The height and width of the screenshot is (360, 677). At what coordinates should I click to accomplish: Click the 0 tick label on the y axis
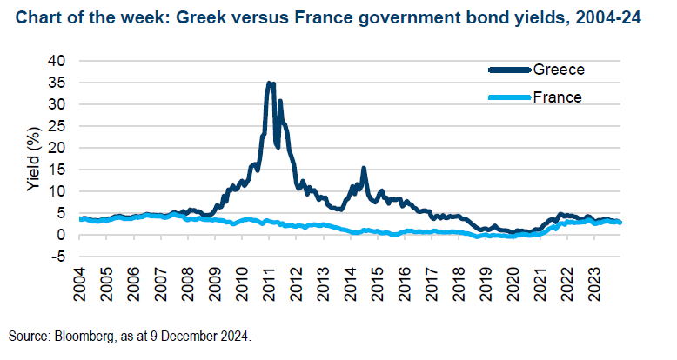pos(62,235)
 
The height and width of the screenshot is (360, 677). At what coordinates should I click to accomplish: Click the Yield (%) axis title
pos(33,158)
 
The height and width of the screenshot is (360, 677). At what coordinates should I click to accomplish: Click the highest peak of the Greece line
pos(269,83)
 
